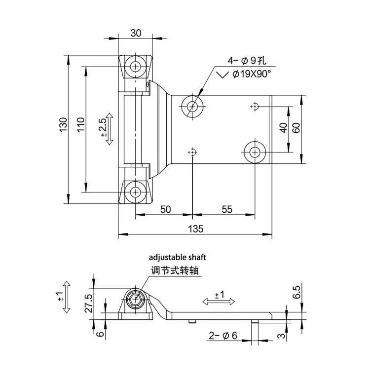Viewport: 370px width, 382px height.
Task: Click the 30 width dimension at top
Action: (x=136, y=33)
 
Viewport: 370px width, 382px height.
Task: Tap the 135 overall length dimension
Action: (x=196, y=228)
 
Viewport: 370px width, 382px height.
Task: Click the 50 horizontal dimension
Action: (x=165, y=209)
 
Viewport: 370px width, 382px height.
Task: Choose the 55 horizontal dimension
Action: (x=226, y=209)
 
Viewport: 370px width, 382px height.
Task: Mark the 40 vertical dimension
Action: (x=283, y=128)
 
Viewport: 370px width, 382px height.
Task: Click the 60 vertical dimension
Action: (x=296, y=128)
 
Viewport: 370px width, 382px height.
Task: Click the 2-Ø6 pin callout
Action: (x=222, y=336)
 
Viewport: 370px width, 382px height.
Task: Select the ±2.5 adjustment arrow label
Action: (x=104, y=127)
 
